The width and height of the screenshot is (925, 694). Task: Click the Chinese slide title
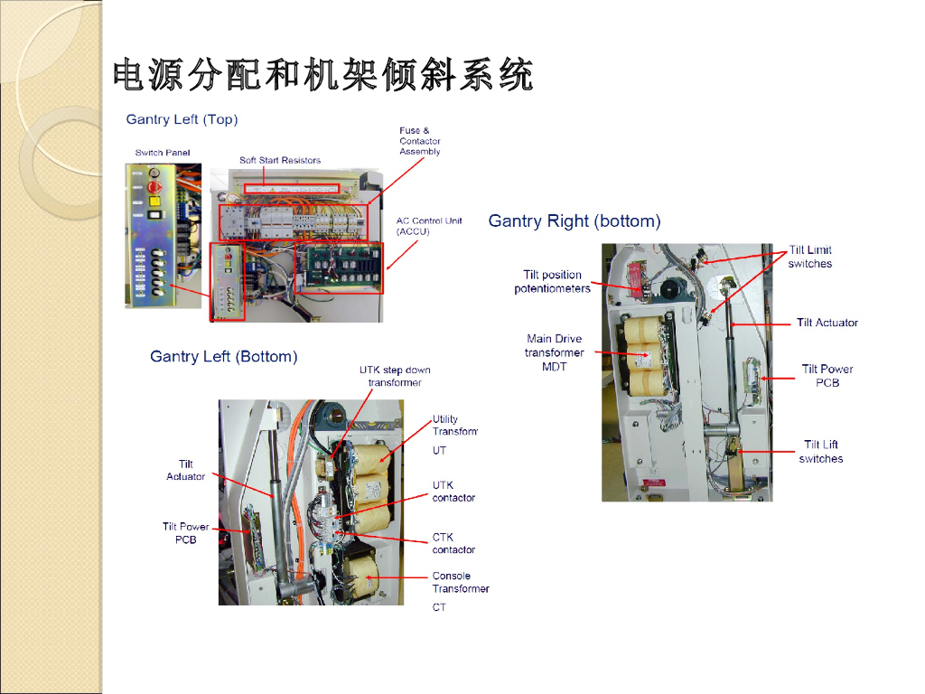coord(322,75)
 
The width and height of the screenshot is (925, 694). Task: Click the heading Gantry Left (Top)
coord(182,119)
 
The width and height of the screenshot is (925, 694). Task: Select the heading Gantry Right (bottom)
coord(575,221)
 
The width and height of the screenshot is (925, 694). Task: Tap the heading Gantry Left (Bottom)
coord(223,357)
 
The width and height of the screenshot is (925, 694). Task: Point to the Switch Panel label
coord(163,153)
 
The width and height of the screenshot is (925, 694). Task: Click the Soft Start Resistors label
coord(280,161)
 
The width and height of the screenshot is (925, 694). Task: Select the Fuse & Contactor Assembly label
coord(420,141)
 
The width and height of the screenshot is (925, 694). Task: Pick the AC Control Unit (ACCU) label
coord(429,226)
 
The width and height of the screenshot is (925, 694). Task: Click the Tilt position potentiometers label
coord(552,282)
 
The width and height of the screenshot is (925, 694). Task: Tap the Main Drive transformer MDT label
coord(555,352)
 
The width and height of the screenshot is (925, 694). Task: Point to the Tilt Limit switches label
coord(810,257)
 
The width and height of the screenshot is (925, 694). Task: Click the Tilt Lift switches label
coord(821,451)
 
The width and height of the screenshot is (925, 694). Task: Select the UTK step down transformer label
coord(395,376)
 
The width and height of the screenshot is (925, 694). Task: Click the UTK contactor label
coord(453,492)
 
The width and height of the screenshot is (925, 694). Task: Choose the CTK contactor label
coord(453,543)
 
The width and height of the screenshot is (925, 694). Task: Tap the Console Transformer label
coord(461,582)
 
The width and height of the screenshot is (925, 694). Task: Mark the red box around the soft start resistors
coord(293,188)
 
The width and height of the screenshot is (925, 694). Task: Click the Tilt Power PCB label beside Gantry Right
coord(827,375)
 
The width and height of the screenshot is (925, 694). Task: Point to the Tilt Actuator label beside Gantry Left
coord(186,470)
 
